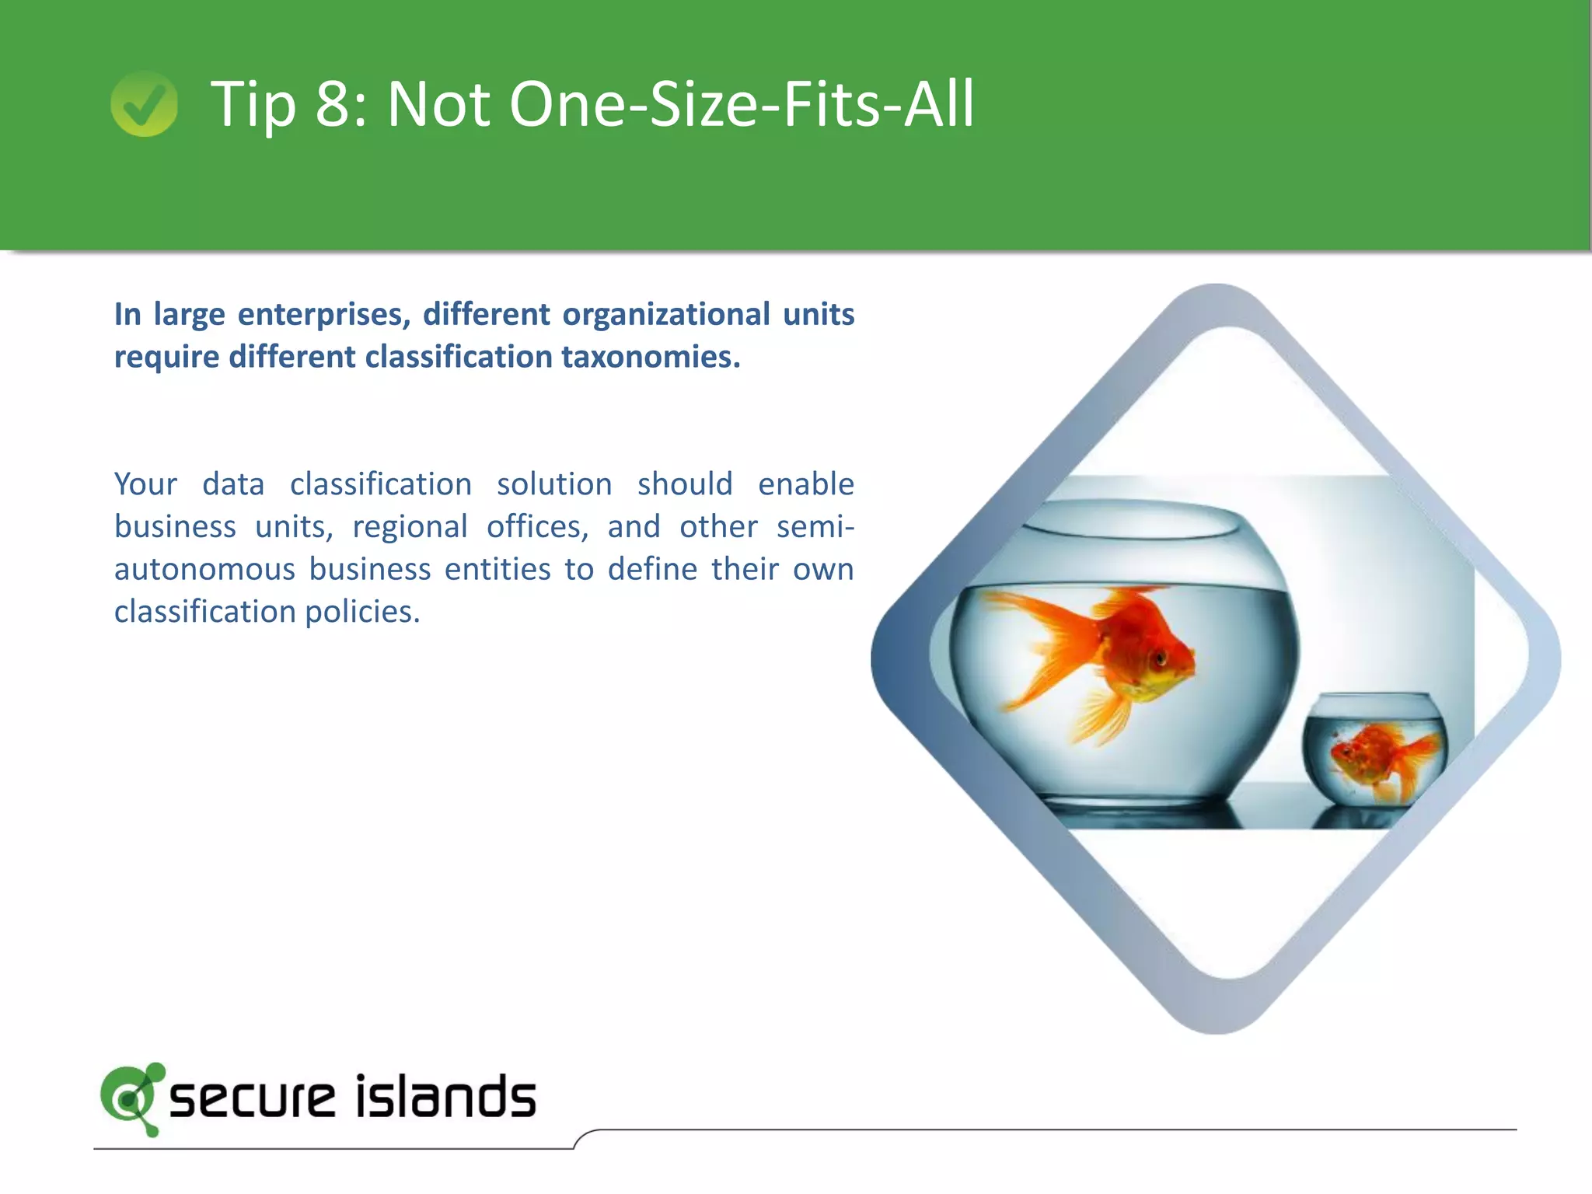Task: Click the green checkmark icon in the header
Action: (144, 104)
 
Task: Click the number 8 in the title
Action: (334, 104)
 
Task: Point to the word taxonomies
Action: (651, 358)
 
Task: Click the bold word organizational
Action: (666, 315)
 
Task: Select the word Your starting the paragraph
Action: (146, 484)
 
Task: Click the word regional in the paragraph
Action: (410, 527)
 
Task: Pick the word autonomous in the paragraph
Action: (204, 569)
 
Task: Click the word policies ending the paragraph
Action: (362, 613)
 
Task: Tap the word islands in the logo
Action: (445, 1098)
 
